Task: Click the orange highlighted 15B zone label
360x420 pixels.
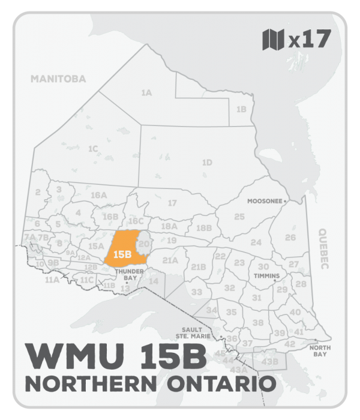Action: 122,254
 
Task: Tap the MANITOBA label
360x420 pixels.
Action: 59,79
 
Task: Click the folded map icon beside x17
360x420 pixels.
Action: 274,40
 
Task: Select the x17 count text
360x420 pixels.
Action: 309,40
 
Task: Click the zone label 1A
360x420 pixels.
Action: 146,93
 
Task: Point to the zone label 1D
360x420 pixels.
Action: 207,163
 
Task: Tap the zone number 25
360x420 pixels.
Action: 239,216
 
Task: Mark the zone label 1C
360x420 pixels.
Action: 92,148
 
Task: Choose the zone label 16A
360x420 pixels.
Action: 98,196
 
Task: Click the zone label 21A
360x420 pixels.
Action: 170,260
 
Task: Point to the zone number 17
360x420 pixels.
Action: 172,203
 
